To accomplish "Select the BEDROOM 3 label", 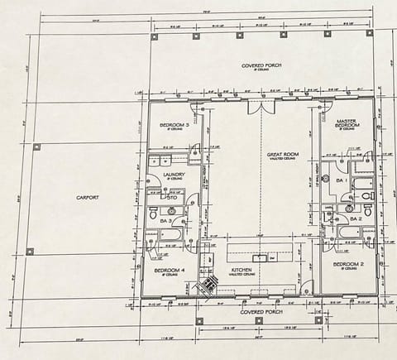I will click(x=175, y=126).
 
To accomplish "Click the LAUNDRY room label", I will click(x=174, y=175).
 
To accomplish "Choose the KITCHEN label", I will click(x=241, y=271).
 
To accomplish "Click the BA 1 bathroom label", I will click(x=341, y=179).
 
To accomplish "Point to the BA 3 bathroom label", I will click(x=165, y=221).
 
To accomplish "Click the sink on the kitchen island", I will click(x=260, y=257).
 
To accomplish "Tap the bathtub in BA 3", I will click(x=170, y=234).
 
